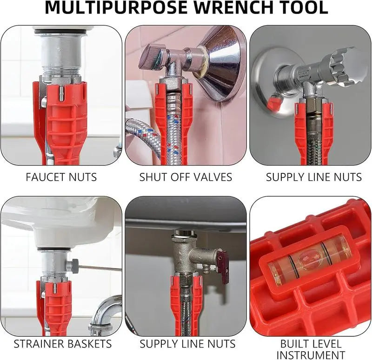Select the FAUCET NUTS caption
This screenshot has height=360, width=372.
pyautogui.click(x=61, y=177)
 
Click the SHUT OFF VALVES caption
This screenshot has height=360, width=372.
pyautogui.click(x=186, y=177)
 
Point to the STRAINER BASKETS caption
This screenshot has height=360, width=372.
pyautogui.click(x=63, y=344)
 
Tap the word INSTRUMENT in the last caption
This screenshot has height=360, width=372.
pyautogui.click(x=311, y=355)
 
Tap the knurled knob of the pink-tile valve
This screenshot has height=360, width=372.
pyautogui.click(x=153, y=59)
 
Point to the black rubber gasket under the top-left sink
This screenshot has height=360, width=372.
pyautogui.click(x=60, y=32)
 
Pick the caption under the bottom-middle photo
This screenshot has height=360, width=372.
pyautogui.click(x=187, y=344)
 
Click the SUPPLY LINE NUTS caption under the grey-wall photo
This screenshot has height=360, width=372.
pyautogui.click(x=313, y=177)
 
